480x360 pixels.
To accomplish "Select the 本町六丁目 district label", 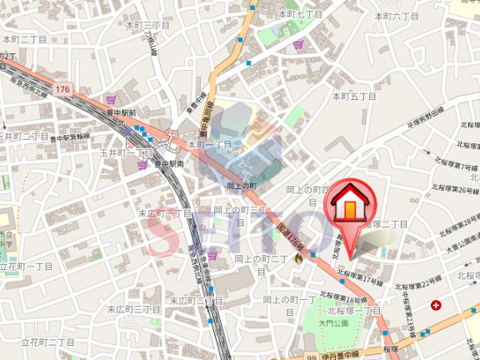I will pyautogui.click(x=397, y=16).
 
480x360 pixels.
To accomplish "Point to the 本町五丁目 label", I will pyautogui.click(x=355, y=96).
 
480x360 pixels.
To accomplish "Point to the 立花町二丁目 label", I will pyautogui.click(x=47, y=342).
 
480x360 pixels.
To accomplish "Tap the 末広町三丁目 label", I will pyautogui.click(x=132, y=309).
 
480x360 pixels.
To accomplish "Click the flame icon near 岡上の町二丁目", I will pyautogui.click(x=297, y=259).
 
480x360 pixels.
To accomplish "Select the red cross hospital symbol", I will pyautogui.click(x=436, y=306).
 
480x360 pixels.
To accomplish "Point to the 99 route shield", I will pyautogui.click(x=310, y=356).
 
